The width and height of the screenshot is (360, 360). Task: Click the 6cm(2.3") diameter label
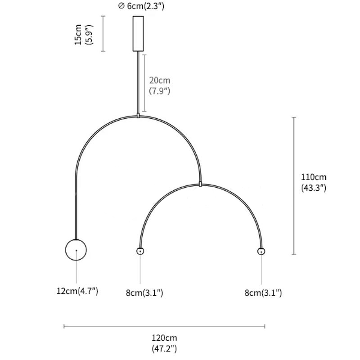coord(141,6)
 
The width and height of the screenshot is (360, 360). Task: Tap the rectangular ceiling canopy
coord(138,34)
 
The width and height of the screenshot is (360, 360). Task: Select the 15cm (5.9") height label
coord(84,35)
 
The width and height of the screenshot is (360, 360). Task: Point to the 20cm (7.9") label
coord(160,85)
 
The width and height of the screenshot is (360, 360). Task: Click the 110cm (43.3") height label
coord(314,182)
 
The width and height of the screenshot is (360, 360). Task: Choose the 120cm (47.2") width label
coord(164,343)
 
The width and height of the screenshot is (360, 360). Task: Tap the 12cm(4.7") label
coord(77,291)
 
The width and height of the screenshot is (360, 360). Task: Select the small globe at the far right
coord(261,252)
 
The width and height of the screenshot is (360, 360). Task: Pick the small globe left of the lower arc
coord(140,251)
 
